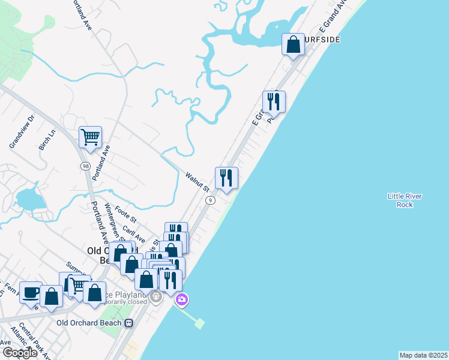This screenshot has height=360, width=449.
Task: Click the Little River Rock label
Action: (405, 200)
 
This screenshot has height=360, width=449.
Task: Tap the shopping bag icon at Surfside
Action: (293, 44)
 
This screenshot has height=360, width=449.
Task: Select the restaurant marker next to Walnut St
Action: (226, 178)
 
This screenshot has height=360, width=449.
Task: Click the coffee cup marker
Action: (31, 293)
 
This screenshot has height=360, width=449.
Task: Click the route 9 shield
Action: (210, 200)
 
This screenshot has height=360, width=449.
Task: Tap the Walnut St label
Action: (196, 181)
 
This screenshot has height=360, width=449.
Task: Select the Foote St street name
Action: (126, 214)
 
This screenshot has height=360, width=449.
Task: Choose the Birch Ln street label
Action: (47, 139)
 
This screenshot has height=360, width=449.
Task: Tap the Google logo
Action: (20, 352)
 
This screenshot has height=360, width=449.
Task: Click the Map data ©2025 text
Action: (423, 355)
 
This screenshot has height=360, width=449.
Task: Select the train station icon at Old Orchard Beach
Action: (128, 322)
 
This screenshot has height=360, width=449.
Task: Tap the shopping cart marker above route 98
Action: (90, 137)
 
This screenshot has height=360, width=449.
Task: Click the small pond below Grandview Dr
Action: (29, 198)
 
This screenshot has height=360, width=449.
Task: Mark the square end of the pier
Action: (199, 324)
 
